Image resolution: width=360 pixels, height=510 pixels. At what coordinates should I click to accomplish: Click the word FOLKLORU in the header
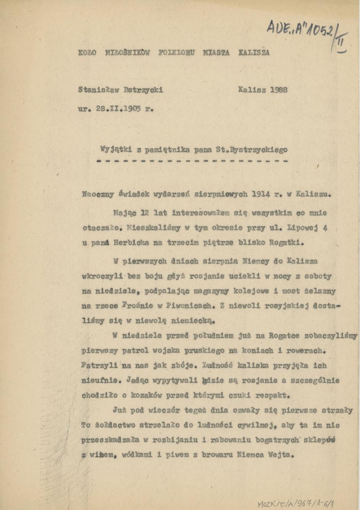176,52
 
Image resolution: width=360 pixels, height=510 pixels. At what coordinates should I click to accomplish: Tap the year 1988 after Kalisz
278,90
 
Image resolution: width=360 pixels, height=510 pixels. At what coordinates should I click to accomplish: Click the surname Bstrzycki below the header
143,90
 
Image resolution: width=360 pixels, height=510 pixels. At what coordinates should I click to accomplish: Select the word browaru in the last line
212,455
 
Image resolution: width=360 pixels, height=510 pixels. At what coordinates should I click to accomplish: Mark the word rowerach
306,350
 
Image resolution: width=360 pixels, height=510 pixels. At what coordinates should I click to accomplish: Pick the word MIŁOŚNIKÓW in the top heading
127,52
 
